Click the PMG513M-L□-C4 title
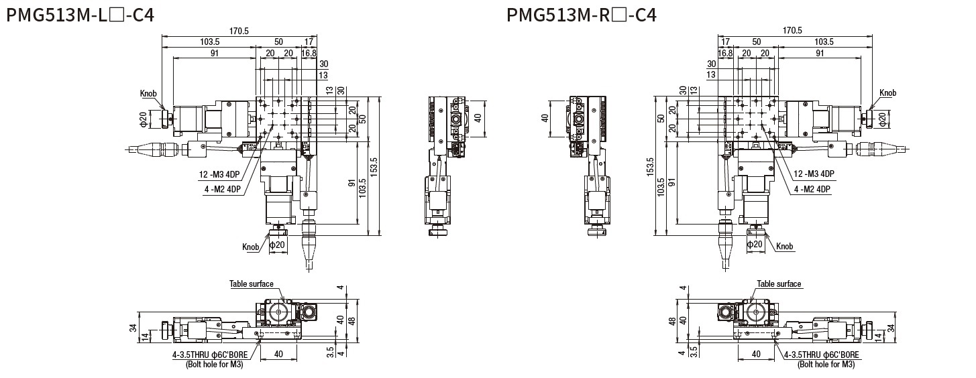[80, 15]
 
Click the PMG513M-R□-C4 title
[582, 15]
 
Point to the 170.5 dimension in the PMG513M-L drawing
[239, 30]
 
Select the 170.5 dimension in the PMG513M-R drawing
[792, 30]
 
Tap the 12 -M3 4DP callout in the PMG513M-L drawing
[219, 174]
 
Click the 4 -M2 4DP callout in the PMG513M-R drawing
[812, 189]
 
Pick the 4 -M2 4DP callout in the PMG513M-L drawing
[223, 189]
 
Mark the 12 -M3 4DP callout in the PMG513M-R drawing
[814, 174]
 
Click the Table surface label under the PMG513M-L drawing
[252, 284]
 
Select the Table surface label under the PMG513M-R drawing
[779, 284]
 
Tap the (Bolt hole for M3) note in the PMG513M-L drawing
[215, 365]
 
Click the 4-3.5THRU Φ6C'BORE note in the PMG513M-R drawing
[822, 355]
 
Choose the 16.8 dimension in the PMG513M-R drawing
[726, 53]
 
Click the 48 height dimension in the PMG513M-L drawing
[352, 320]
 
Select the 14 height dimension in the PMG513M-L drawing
[144, 336]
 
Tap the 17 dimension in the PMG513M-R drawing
[725, 42]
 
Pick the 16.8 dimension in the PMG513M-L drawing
[309, 53]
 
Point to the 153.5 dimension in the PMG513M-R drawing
[651, 166]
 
